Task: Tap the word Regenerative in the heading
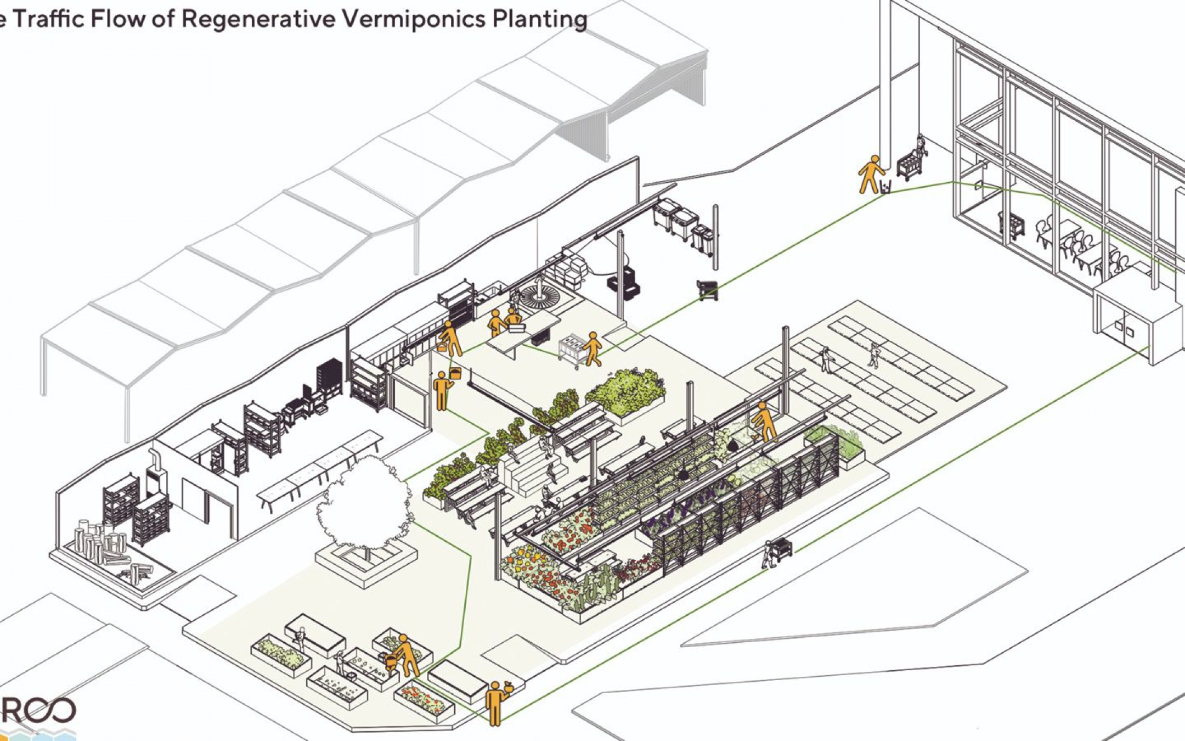click(257, 20)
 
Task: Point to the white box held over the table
click(517, 329)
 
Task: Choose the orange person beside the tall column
click(869, 175)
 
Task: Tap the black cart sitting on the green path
click(708, 290)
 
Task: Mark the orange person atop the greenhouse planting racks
click(764, 422)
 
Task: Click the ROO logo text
click(38, 711)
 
